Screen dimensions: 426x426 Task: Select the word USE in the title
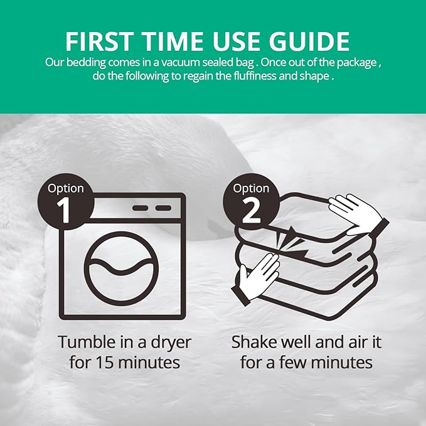pos(235,41)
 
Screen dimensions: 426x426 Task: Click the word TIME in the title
pos(173,41)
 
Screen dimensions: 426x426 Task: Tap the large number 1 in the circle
pos(63,209)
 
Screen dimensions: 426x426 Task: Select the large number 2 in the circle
pos(252,209)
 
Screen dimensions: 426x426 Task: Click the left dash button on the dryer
pos(140,208)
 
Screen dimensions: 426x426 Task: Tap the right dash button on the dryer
pos(163,208)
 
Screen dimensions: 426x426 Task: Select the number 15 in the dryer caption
pos(104,363)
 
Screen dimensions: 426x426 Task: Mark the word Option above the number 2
pos(252,189)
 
